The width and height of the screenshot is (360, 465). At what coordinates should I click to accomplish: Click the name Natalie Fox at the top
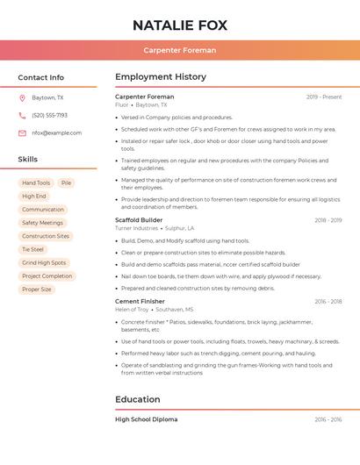tap(179, 25)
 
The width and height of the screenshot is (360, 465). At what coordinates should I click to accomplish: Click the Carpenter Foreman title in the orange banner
tap(179, 50)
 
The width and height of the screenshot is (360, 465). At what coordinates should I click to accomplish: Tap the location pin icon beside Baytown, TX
tap(22, 97)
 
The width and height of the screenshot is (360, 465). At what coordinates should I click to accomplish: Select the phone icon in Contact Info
tap(22, 115)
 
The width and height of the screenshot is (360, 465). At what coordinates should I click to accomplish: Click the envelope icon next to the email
tap(22, 133)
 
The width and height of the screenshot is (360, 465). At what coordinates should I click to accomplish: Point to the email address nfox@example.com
tap(56, 133)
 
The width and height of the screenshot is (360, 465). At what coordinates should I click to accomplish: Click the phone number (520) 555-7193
tap(49, 115)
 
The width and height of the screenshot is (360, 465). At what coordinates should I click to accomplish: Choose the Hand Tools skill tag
tap(36, 182)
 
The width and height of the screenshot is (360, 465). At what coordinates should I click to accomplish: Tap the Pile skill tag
tap(66, 182)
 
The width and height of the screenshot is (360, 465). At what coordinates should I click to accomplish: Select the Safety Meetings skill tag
tap(42, 223)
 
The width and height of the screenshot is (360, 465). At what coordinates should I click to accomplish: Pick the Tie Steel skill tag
tap(32, 249)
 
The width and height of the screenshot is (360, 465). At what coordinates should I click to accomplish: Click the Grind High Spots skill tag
tap(44, 262)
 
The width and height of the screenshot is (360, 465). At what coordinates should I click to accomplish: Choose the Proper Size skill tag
tap(37, 290)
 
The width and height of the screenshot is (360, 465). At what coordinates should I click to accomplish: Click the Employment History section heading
tap(160, 77)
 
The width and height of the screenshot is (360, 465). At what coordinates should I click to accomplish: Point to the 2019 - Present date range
tap(323, 97)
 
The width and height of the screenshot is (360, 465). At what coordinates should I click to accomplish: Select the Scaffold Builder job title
tap(139, 220)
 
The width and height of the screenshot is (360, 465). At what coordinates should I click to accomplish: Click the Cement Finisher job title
tap(140, 301)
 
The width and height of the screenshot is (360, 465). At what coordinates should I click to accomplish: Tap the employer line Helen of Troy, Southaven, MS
tap(154, 310)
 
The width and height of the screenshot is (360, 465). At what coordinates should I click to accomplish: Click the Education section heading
tap(137, 400)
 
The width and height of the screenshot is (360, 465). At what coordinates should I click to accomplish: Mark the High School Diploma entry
tap(146, 419)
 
